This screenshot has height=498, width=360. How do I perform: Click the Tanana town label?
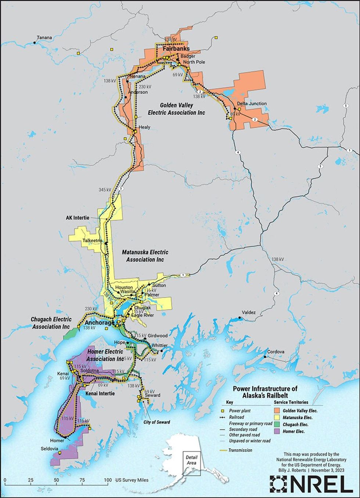tap(44, 37)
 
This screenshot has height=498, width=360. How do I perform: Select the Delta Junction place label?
tap(252, 103)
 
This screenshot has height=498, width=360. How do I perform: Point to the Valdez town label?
tap(248, 313)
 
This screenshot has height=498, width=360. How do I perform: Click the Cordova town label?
tap(276, 352)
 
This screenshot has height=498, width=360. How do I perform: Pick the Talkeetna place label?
tap(92, 241)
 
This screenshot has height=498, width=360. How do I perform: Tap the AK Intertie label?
tap(78, 218)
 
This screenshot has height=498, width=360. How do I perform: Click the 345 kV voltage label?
tap(105, 190)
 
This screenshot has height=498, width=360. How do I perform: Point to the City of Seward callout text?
tap(157, 422)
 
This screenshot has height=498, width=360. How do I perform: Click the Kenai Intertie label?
tap(100, 393)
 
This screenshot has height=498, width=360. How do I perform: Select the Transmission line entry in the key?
tap(240, 450)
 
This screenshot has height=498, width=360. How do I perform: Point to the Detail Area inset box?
tap(191, 460)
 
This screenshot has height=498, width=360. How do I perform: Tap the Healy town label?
tap(144, 127)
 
